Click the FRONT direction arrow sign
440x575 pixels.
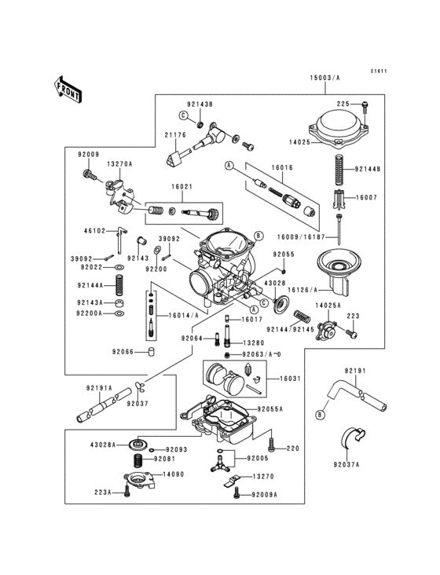pyautogui.click(x=69, y=89)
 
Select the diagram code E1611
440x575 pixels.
pyautogui.click(x=379, y=71)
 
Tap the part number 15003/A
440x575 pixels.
pyautogui.click(x=324, y=79)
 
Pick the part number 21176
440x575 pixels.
pyautogui.click(x=175, y=135)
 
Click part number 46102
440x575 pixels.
pyautogui.click(x=94, y=231)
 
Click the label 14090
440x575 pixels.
pyautogui.click(x=173, y=474)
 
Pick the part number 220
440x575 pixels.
pyautogui.click(x=292, y=449)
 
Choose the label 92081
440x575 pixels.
pyautogui.click(x=164, y=458)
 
